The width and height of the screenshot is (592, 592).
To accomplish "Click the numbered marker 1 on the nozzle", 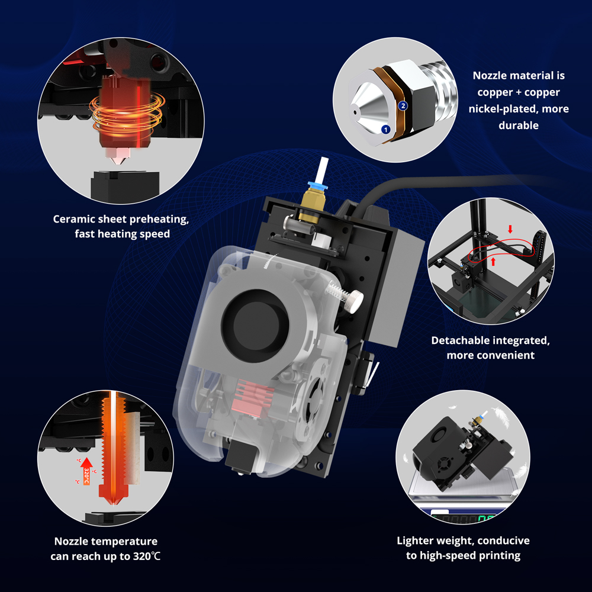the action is [385, 130].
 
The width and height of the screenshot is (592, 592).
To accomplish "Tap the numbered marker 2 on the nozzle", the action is [403, 106].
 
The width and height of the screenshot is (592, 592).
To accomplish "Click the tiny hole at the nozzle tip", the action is [355, 112].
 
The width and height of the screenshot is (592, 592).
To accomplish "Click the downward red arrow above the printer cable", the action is [510, 229].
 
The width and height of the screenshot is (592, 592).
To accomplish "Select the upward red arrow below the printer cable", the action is [493, 261].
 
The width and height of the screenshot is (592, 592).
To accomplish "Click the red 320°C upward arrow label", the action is [86, 471].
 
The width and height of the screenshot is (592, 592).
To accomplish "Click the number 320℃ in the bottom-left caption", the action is [146, 556].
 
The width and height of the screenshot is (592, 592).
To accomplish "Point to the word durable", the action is [519, 126].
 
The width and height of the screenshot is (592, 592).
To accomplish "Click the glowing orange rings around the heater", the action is [127, 113].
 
